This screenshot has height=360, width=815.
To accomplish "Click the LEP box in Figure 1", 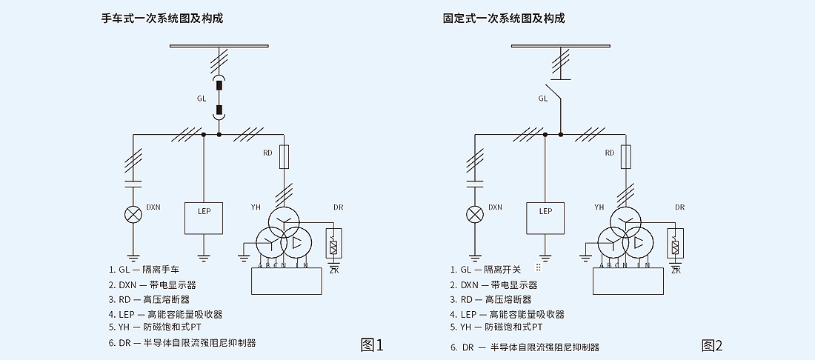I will [204, 217].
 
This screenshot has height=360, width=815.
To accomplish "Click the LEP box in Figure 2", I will [545, 217].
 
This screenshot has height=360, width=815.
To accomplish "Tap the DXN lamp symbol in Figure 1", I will [133, 215].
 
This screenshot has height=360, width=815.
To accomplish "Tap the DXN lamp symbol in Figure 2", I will [475, 215].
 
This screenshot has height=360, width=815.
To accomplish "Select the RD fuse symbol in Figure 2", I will [626, 156].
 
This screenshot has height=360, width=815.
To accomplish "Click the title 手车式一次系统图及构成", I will [162, 19].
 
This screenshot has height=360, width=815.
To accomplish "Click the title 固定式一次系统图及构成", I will [504, 19].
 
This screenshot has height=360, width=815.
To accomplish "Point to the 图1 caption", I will [372, 344].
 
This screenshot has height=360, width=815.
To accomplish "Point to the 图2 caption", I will [713, 344].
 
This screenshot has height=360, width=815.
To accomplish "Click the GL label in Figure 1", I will [202, 98].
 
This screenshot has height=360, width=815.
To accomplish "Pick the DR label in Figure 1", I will [338, 207].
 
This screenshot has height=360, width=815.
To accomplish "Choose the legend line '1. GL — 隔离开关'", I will [486, 270].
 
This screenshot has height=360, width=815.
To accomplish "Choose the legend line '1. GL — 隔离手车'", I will [144, 270].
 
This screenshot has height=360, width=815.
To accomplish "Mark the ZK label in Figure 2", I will [675, 270].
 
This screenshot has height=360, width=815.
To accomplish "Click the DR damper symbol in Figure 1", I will [333, 243].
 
